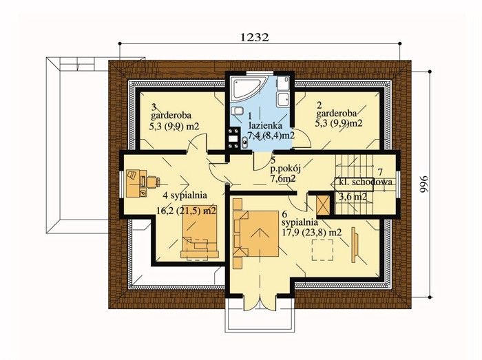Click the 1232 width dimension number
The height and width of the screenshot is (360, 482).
pos(254,37)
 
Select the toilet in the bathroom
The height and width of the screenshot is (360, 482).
pos(238,111)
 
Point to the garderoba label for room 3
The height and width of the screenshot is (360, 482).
pos(171,116)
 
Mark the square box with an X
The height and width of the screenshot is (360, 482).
pos(324,205)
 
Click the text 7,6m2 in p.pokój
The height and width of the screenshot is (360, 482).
pos(282,179)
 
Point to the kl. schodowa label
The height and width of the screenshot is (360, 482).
pos(365,182)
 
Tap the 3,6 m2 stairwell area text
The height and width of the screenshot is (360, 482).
pos(353,197)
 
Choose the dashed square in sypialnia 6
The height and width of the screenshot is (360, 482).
pos(323,251)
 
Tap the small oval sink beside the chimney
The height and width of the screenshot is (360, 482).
pos(244,142)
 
